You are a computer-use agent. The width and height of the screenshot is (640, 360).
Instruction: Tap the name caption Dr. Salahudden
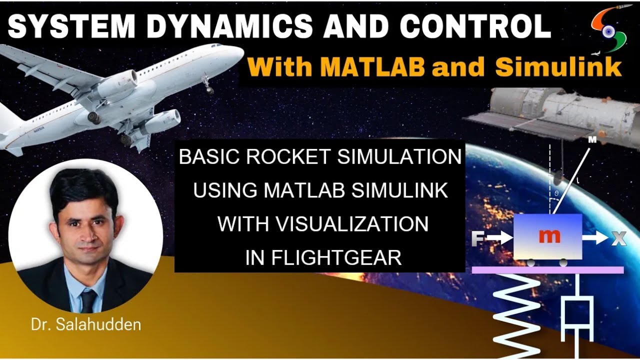tap(86, 324)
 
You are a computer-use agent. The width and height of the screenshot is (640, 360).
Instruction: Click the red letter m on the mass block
tap(549, 236)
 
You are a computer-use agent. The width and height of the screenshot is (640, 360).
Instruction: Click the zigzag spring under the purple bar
tap(515, 315)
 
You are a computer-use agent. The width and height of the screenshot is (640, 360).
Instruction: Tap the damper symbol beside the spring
tap(577, 317)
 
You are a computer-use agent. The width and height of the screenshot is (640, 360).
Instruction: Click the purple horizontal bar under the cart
tap(547, 270)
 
